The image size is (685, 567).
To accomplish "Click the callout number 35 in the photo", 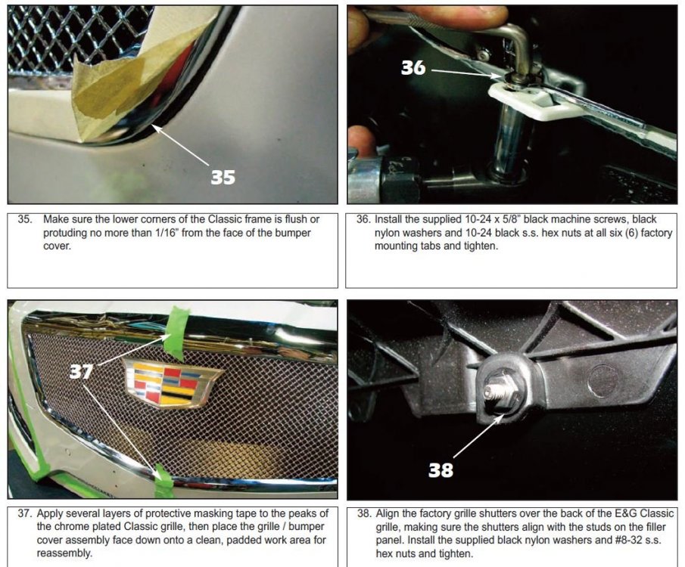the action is (x=223, y=177).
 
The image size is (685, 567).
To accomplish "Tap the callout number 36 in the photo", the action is (x=413, y=67).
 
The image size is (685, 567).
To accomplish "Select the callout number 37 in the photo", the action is (x=81, y=371).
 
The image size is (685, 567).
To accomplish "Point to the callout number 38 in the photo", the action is (x=441, y=470).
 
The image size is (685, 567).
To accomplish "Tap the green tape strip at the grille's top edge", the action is (x=176, y=332).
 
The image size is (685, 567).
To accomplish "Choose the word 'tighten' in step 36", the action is (x=481, y=246).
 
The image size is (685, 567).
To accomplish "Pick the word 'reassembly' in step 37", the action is (x=64, y=553).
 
